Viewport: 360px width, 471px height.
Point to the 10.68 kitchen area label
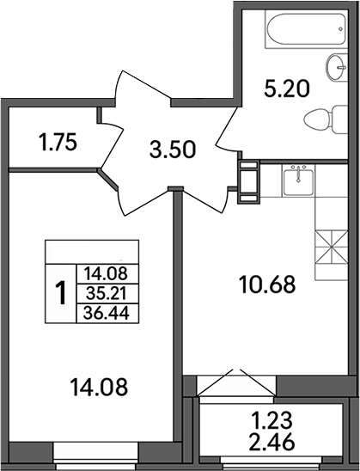(266, 284)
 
